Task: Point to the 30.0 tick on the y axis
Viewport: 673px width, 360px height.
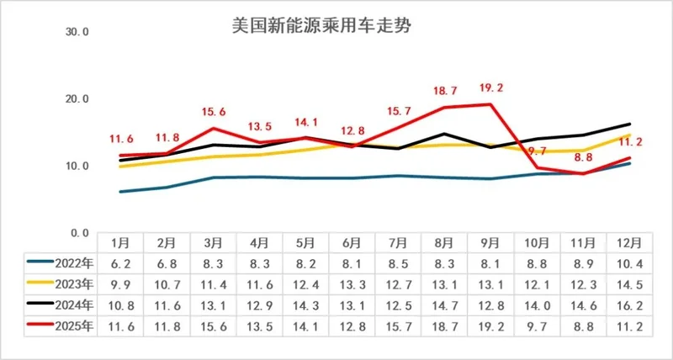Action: coord(77,32)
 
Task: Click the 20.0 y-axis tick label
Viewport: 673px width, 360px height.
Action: coord(77,98)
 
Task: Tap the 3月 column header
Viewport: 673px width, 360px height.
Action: coord(213,242)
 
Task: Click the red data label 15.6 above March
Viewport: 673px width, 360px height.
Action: coord(214,111)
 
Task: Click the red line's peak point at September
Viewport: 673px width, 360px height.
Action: coord(490,104)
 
